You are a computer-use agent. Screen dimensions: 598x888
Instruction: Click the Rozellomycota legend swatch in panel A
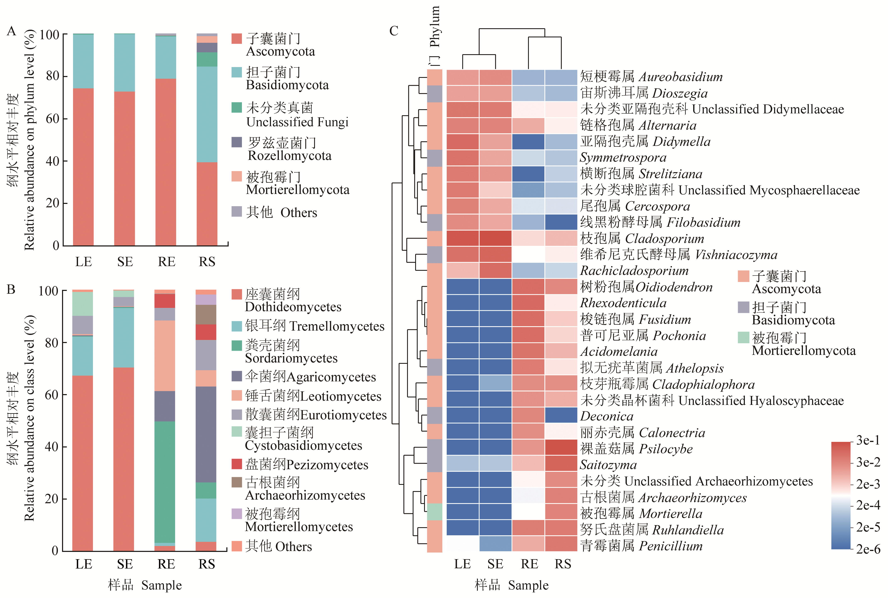237,142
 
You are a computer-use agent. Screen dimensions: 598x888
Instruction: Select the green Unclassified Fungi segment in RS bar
207,60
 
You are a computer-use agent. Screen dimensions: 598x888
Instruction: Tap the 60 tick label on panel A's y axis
52,119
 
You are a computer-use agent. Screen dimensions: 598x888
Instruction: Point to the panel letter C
394,31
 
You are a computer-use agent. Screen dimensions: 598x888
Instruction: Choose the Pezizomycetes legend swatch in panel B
237,464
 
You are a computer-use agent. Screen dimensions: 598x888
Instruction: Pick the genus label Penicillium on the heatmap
671,546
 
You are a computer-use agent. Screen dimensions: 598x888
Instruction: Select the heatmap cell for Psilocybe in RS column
561,448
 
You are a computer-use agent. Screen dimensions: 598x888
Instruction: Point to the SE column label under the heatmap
495,564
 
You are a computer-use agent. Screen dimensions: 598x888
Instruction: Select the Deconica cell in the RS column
561,415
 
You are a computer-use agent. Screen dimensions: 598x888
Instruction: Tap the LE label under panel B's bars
83,564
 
